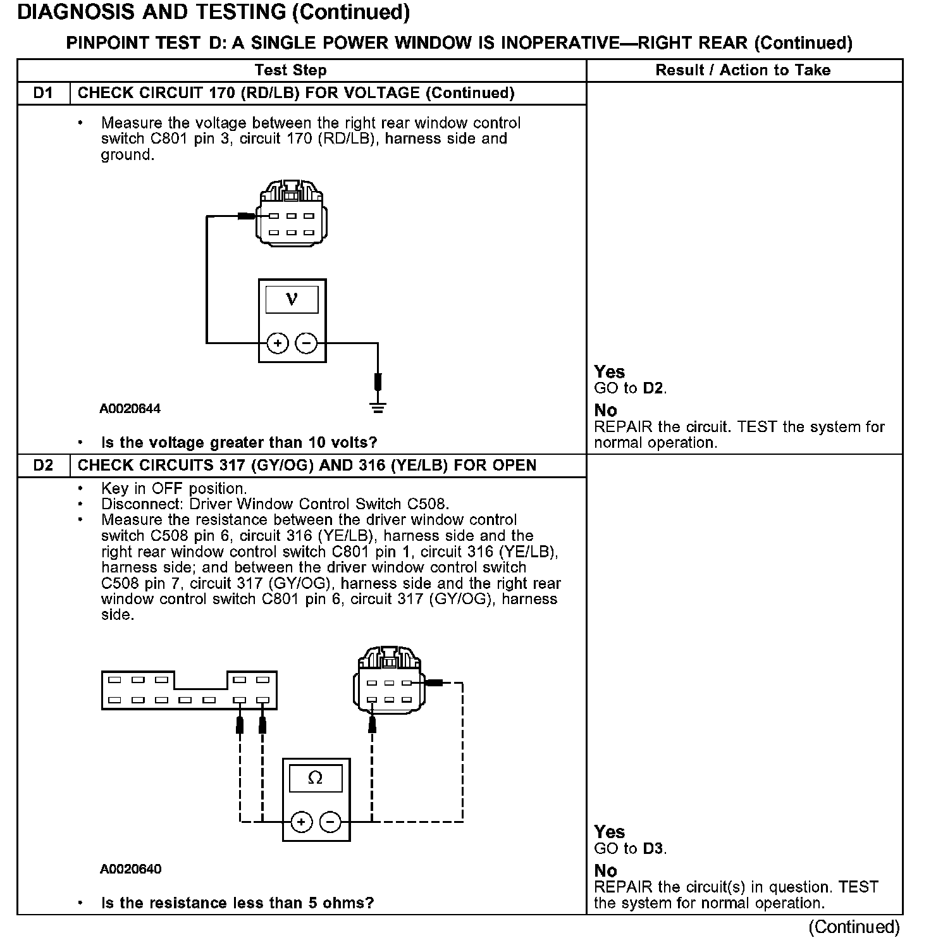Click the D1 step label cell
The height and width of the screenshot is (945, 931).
pos(43,93)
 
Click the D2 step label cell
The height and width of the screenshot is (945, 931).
pos(43,466)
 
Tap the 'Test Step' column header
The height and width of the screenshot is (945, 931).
pos(290,70)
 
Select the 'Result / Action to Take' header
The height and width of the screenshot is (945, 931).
pos(743,70)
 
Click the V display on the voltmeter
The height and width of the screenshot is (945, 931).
pos(292,299)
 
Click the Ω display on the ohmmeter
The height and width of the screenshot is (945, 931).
pos(315,777)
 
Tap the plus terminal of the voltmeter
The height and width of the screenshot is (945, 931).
pos(278,343)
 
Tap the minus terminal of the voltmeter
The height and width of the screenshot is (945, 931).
pos(307,343)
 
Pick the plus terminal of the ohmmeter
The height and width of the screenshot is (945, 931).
pos(302,822)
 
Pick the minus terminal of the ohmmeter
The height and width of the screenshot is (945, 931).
pos(330,822)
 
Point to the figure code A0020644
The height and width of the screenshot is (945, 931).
pos(130,409)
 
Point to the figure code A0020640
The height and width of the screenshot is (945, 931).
pos(130,869)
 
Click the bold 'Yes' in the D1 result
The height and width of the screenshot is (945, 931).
pos(609,372)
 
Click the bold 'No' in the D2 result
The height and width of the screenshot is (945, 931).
pos(605,871)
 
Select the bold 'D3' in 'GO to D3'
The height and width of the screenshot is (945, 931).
pos(653,849)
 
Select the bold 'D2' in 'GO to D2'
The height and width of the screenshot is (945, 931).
pos(653,388)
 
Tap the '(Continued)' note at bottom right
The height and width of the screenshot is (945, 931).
pos(853,927)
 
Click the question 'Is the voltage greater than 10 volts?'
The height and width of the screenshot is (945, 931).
pos(239,442)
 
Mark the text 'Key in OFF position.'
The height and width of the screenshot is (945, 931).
pos(174,488)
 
